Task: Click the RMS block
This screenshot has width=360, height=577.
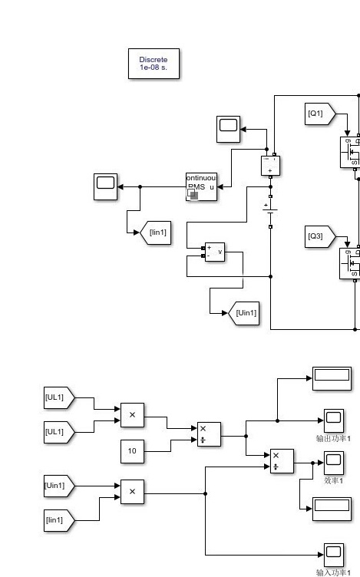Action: point(201,187)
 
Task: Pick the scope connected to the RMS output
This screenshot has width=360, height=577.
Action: point(106,187)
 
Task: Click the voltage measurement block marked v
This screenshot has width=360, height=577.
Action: point(215,252)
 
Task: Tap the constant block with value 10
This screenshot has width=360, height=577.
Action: point(132,452)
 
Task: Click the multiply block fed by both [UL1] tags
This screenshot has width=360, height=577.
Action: point(132,415)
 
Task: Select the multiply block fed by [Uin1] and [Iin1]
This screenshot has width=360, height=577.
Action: point(132,492)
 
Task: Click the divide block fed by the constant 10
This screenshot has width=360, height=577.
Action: point(208,434)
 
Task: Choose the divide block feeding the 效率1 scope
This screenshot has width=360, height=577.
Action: point(282,461)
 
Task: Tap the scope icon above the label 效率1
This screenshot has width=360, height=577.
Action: point(333,462)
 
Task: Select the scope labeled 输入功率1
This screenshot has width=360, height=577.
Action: point(333,554)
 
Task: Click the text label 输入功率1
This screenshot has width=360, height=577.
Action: point(333,572)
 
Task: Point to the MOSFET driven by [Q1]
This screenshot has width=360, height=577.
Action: point(350,152)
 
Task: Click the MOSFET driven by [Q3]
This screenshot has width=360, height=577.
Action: point(350,263)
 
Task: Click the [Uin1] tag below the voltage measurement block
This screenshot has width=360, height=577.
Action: point(244,312)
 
